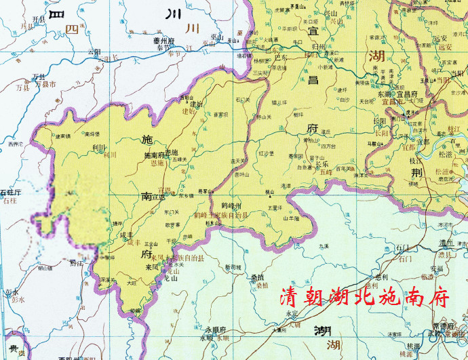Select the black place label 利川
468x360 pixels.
click(x=98, y=146)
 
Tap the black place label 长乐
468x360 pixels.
click(x=321, y=164)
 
